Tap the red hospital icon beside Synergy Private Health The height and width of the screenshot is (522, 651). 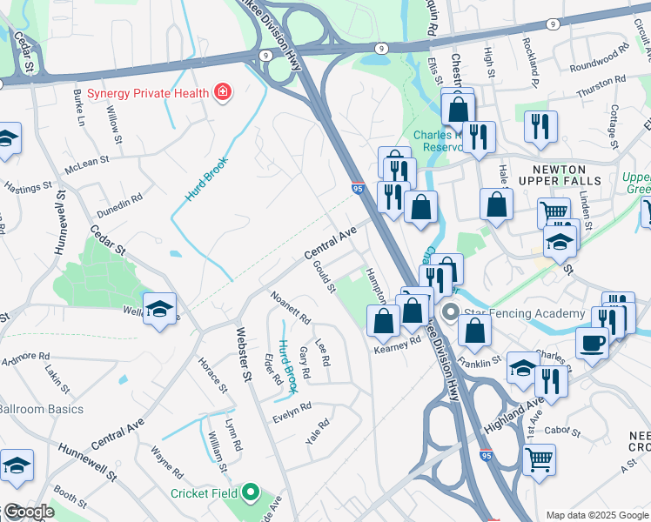tap(224, 92)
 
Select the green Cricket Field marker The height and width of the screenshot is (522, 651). tap(251, 493)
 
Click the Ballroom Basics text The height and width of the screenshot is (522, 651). tap(41, 409)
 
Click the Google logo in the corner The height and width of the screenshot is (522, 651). tap(28, 512)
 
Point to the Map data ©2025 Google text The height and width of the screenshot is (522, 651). tap(597, 515)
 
